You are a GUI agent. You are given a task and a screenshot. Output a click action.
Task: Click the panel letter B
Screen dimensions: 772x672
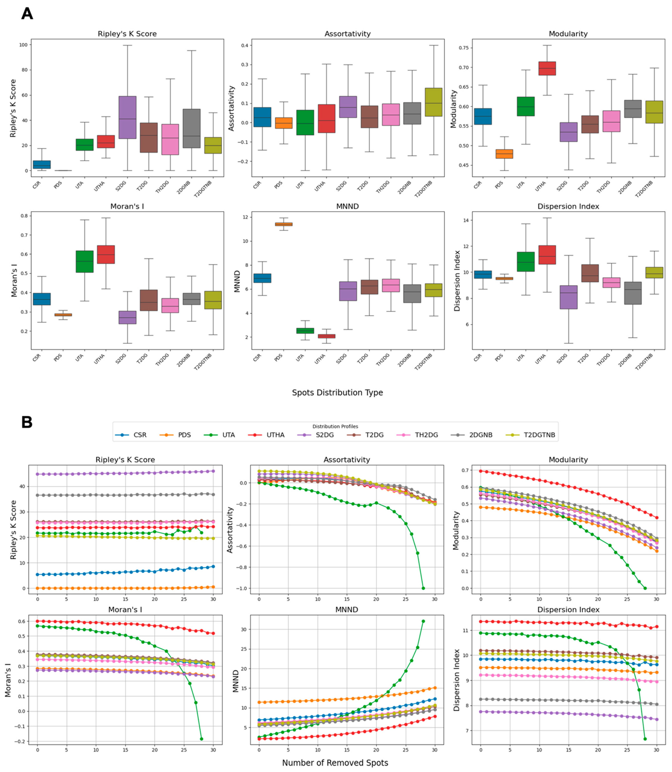click(x=27, y=422)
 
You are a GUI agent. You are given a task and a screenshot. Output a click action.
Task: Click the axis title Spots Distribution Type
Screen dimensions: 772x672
click(x=337, y=392)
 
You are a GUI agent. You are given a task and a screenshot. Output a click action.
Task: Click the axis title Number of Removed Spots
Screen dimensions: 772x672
click(x=335, y=763)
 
